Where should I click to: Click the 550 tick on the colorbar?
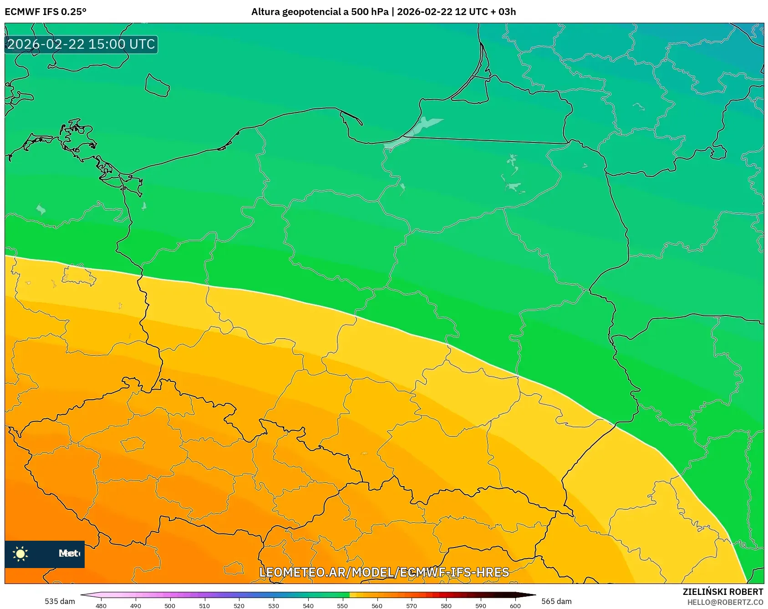[x=342, y=605]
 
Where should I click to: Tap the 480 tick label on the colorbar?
[x=101, y=605]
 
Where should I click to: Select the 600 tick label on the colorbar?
[x=515, y=605]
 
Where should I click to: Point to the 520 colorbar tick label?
[x=239, y=605]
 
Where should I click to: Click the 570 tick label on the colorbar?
[x=412, y=605]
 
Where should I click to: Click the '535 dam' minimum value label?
[x=60, y=601]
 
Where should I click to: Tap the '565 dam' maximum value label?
[x=556, y=601]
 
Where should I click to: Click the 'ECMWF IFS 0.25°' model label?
[x=46, y=12]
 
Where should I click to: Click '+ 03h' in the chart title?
[x=503, y=12]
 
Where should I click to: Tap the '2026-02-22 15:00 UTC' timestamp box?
[x=81, y=44]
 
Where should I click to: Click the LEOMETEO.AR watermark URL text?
[x=384, y=572]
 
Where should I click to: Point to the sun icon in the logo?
[x=20, y=553]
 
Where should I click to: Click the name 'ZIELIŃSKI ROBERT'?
[x=722, y=592]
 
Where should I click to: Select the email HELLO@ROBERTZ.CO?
[x=725, y=602]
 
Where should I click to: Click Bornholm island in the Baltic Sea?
[x=157, y=86]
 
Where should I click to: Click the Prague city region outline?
[x=132, y=444]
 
